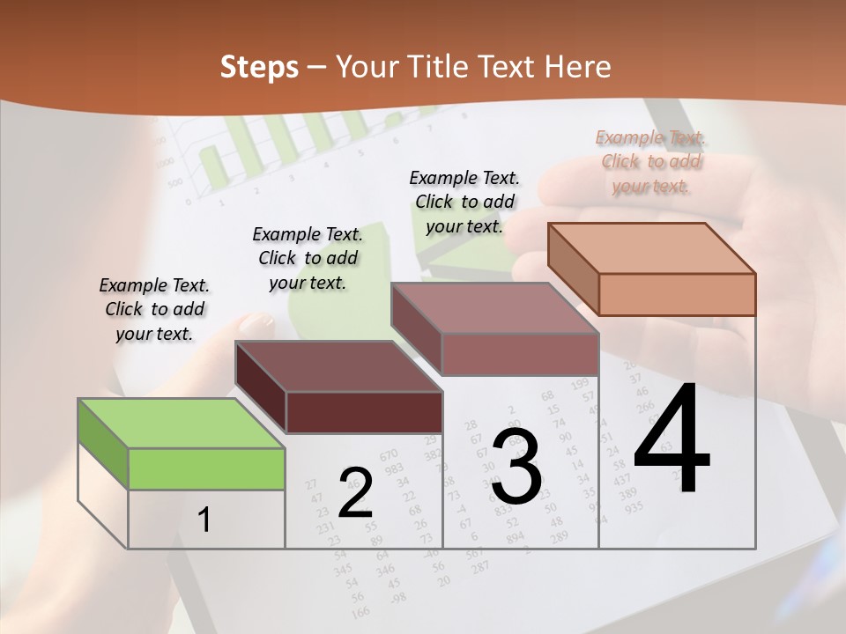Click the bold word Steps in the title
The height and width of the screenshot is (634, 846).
[x=259, y=67]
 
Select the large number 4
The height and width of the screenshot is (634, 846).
[x=672, y=440]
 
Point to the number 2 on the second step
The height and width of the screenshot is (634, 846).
[x=355, y=493]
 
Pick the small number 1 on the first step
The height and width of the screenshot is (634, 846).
[x=204, y=520]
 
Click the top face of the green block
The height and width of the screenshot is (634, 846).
[x=182, y=424]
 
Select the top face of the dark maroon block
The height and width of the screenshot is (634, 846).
[x=338, y=366]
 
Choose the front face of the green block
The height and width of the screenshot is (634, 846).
[x=206, y=468]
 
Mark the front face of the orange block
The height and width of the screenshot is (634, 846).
[x=677, y=294]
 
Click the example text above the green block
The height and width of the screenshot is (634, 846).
[x=154, y=309]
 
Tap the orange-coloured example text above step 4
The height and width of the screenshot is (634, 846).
[x=650, y=161]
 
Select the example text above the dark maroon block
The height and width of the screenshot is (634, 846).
[x=308, y=258]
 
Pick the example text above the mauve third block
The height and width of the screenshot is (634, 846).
[x=464, y=202]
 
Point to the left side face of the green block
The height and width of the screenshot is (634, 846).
[x=103, y=444]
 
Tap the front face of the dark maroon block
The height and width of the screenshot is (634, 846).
[x=364, y=412]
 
